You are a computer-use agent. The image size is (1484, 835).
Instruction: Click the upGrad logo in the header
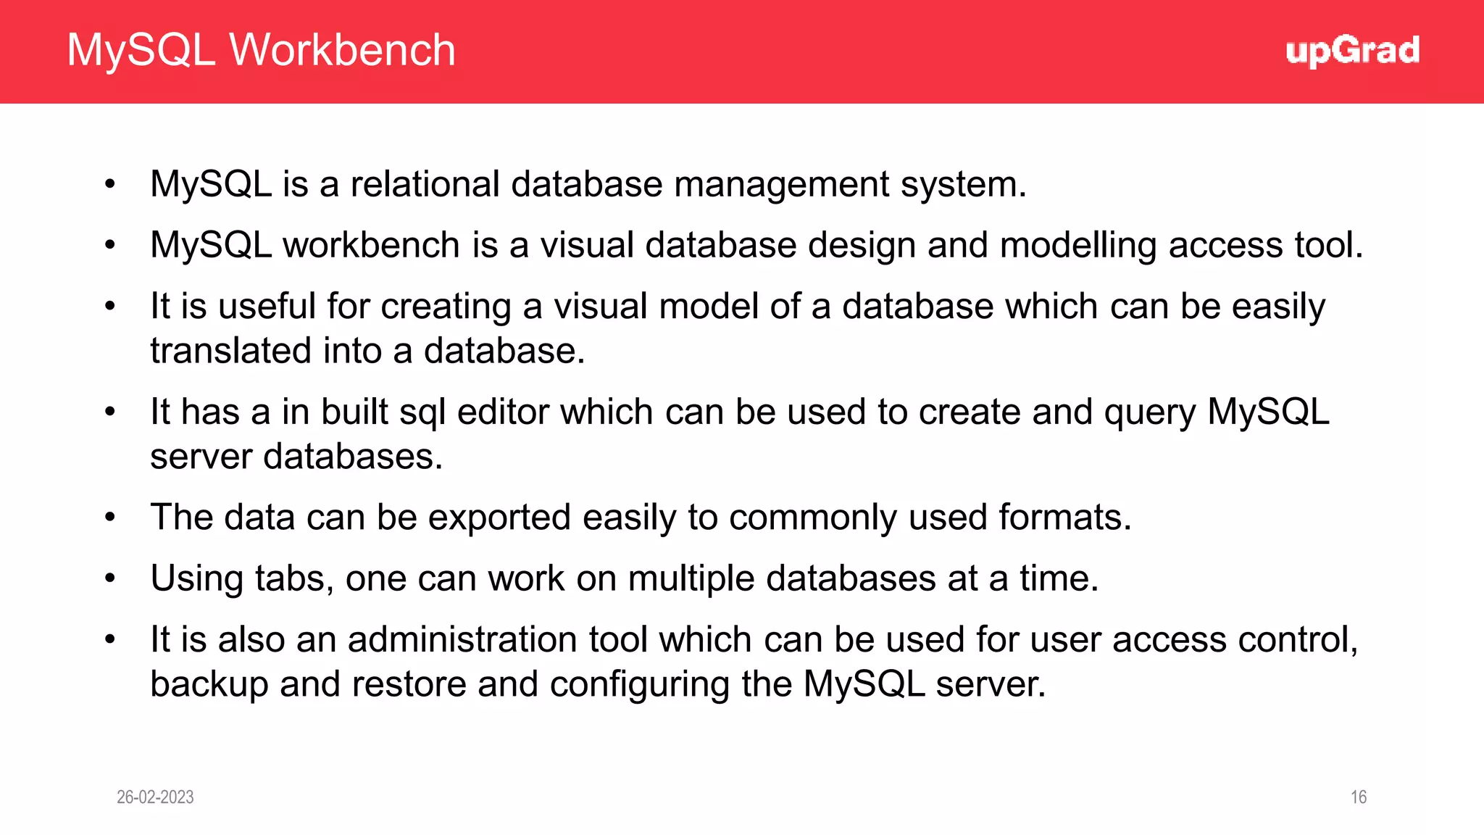(1352, 51)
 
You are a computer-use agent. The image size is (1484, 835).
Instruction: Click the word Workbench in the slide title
(342, 50)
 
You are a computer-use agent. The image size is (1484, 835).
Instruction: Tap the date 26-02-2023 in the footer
(155, 797)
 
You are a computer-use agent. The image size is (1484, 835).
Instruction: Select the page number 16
(1359, 797)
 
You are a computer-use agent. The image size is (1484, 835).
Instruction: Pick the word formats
(1064, 518)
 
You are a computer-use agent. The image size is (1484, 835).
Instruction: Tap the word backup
(209, 685)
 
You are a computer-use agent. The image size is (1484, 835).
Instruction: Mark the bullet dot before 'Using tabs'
(110, 578)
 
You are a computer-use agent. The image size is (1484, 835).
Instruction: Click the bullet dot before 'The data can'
(110, 518)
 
